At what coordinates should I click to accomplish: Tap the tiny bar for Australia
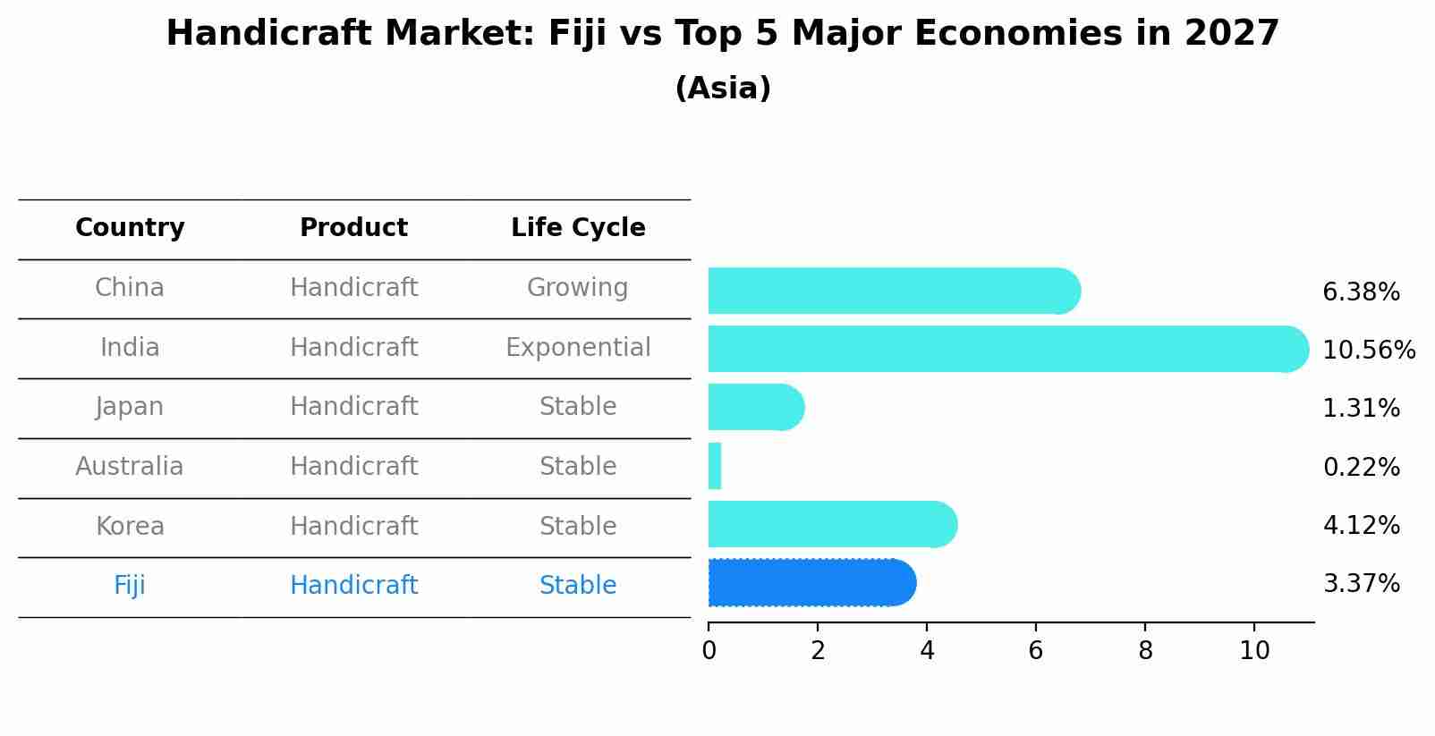715,466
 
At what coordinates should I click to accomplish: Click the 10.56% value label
1368,350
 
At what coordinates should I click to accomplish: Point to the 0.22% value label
1361,467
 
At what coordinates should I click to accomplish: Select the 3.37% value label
1361,584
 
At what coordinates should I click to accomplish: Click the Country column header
130,228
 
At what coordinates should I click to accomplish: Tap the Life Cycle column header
578,228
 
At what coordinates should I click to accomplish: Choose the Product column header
353,228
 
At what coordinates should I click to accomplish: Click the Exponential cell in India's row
578,347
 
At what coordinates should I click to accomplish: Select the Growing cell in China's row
577,288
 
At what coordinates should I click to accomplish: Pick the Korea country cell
130,526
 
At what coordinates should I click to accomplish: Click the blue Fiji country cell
130,586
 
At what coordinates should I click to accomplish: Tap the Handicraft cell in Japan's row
353,407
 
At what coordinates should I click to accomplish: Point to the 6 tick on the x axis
1036,650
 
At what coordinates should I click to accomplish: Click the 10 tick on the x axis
1254,650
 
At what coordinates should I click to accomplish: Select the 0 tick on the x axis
709,650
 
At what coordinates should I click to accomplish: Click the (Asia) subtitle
723,89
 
